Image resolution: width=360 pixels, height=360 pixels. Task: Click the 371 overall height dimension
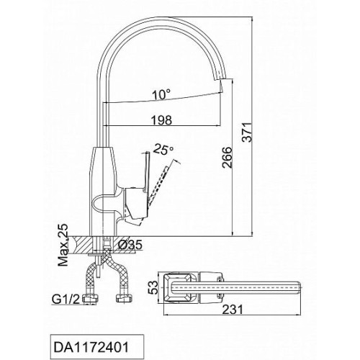[248, 132]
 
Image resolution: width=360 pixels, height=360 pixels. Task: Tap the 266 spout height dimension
[227, 158]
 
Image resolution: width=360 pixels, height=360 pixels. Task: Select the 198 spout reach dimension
[161, 120]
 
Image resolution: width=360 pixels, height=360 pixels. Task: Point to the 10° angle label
[162, 94]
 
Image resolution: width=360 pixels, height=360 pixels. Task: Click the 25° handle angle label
[163, 149]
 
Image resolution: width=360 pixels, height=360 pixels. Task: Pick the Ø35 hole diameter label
[130, 245]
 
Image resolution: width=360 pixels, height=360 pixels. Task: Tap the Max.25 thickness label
[63, 245]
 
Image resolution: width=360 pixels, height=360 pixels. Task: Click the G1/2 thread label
[66, 300]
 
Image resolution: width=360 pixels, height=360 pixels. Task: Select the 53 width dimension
[153, 287]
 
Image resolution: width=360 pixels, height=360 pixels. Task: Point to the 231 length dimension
[233, 310]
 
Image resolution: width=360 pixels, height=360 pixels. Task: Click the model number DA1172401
[91, 347]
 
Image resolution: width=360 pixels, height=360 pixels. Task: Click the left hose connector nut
[91, 299]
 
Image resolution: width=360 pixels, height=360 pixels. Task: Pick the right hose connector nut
[124, 298]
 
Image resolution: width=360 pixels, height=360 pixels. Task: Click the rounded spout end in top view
[298, 287]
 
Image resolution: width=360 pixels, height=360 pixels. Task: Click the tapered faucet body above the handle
[103, 168]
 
